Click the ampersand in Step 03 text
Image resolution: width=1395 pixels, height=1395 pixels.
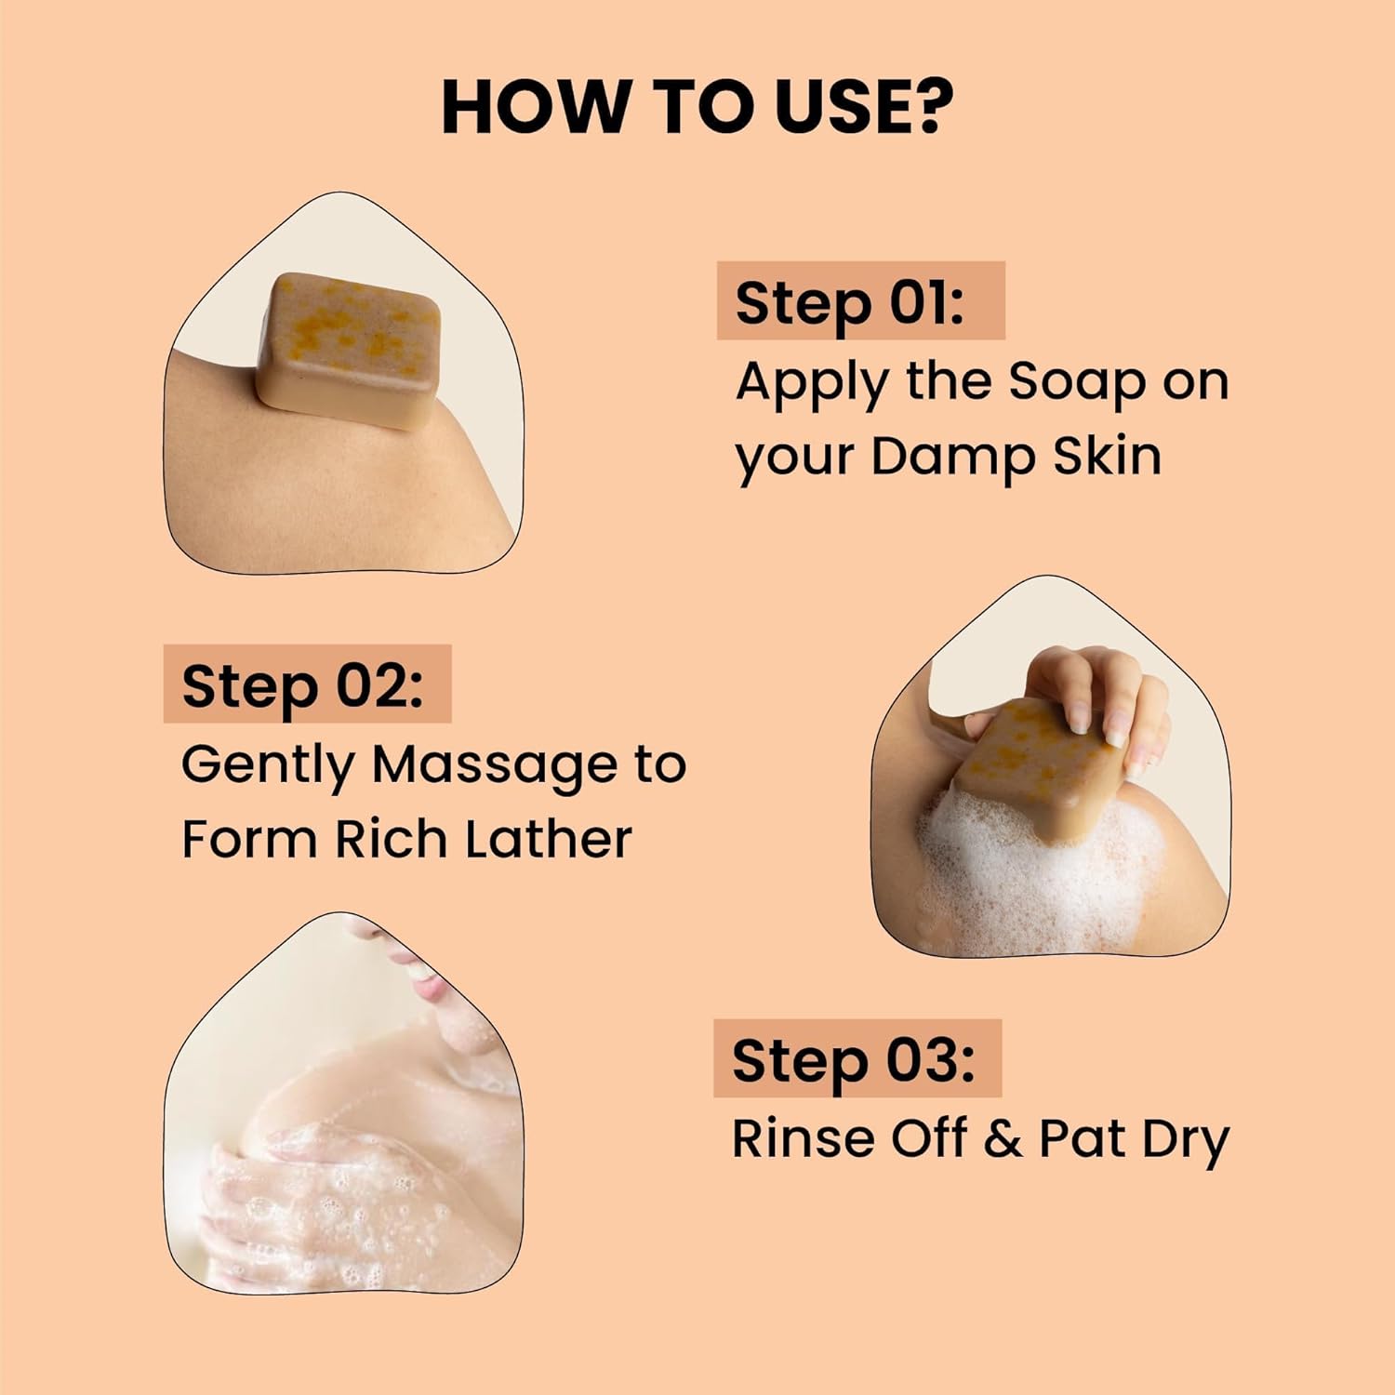[1002, 1139]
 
